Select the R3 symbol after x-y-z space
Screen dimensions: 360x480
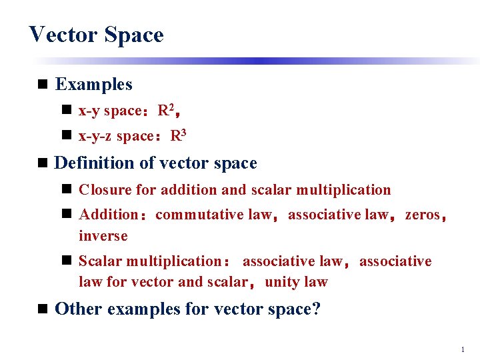(178, 136)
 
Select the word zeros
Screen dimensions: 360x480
(423, 215)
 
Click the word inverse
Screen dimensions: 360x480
(103, 236)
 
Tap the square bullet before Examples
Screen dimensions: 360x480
(43, 85)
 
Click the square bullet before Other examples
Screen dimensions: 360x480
(43, 309)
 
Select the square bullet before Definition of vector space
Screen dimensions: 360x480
(43, 163)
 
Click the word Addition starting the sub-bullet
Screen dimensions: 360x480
(108, 215)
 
